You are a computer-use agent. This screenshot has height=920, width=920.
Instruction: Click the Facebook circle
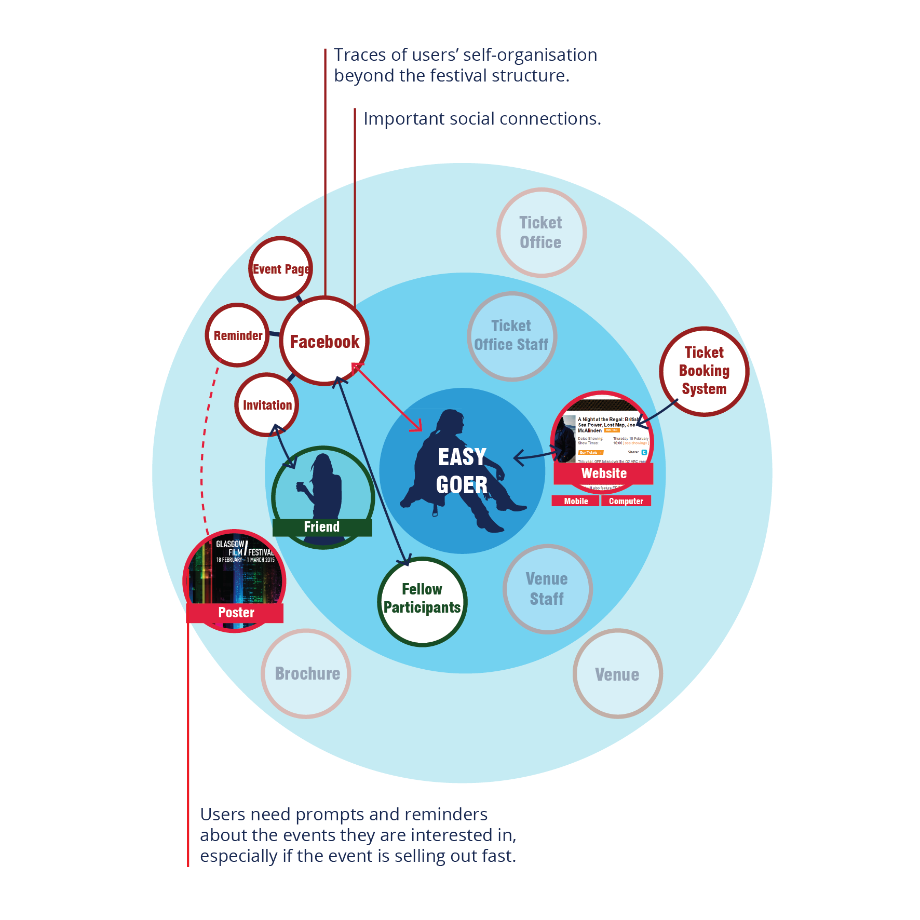click(324, 341)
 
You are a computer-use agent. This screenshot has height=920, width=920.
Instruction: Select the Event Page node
click(280, 268)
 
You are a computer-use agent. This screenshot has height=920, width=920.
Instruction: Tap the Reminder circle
click(238, 335)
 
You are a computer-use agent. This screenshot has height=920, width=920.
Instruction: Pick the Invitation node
click(267, 405)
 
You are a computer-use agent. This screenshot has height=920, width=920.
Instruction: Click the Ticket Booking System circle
click(704, 371)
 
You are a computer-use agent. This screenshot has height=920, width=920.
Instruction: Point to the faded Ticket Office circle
click(541, 232)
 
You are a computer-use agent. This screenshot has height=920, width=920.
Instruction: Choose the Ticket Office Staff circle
click(511, 335)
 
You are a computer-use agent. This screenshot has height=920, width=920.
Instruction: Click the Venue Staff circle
click(547, 589)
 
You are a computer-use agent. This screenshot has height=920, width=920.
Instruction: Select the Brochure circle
click(306, 673)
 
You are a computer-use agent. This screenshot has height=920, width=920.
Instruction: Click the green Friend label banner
click(322, 527)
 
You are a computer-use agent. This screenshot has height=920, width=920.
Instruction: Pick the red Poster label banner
click(235, 613)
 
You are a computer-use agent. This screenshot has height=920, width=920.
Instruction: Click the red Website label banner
click(603, 473)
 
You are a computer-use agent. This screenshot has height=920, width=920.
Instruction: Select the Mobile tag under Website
click(576, 501)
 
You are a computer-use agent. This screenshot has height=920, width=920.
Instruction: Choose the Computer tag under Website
click(626, 501)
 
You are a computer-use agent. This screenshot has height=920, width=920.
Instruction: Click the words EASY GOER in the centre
click(462, 470)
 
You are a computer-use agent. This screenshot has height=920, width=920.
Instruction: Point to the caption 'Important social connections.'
click(482, 119)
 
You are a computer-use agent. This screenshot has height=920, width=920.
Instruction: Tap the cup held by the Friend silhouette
click(300, 486)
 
